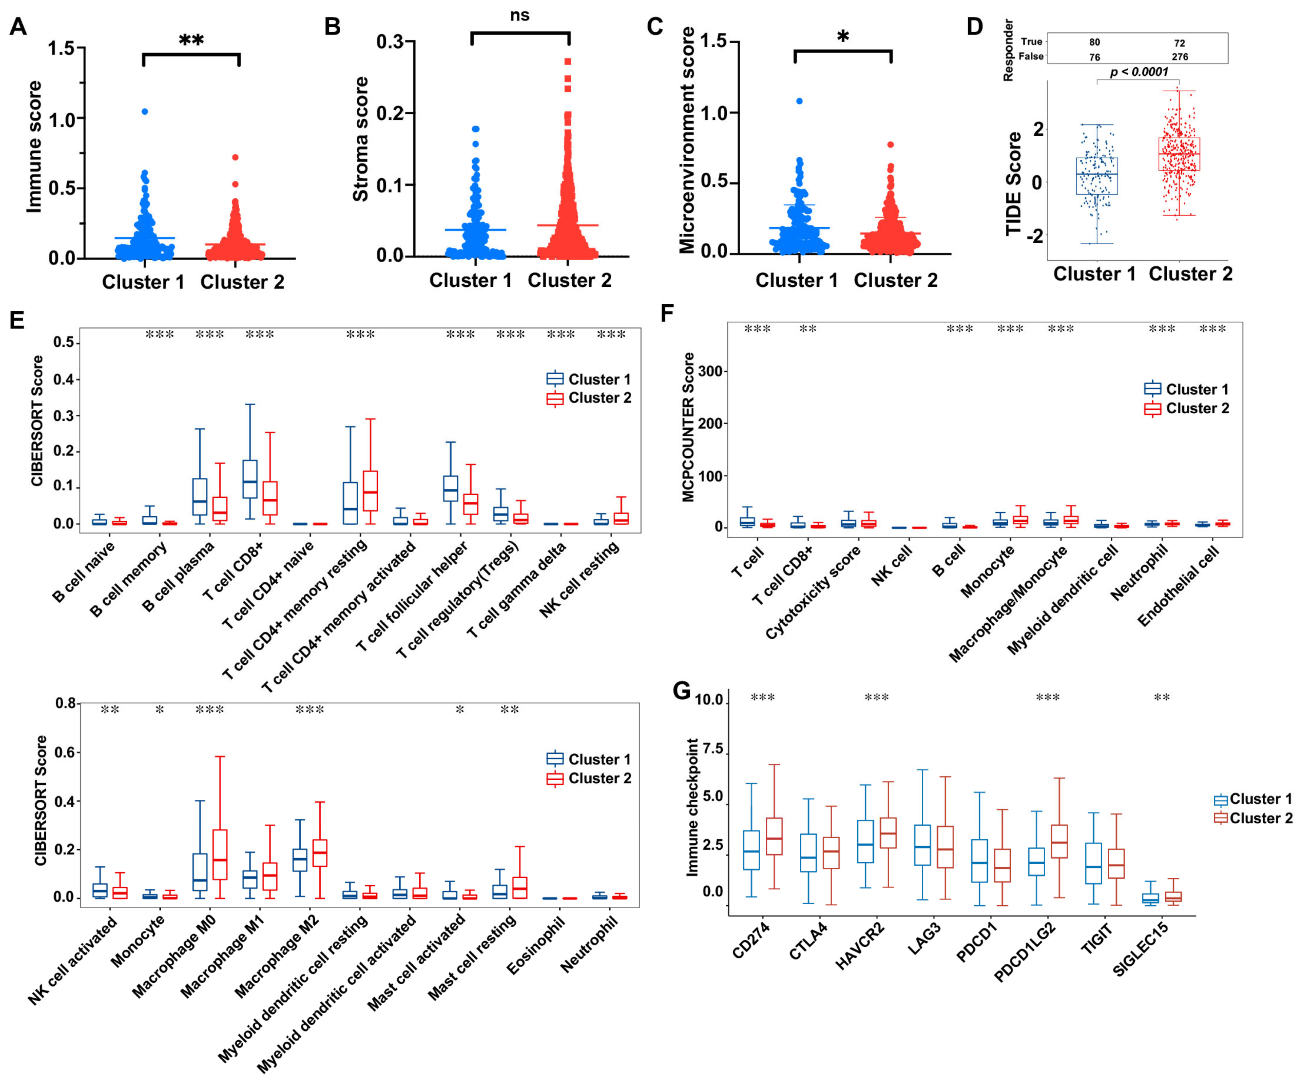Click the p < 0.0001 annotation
click(x=1139, y=72)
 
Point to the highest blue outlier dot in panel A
click(x=144, y=112)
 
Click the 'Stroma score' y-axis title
click(x=360, y=140)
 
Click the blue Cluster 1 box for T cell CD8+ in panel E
click(x=250, y=478)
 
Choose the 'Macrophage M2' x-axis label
click(x=277, y=956)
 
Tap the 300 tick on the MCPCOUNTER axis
click(x=709, y=371)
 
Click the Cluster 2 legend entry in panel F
click(x=1197, y=408)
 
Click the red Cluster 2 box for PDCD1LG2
click(x=1059, y=841)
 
